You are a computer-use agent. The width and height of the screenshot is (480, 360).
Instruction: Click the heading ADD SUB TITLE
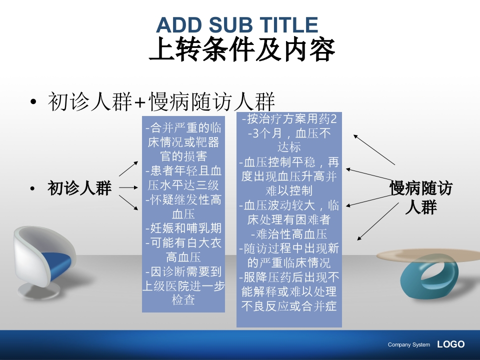click(237, 24)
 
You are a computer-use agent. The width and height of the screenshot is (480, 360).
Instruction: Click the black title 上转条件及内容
click(242, 49)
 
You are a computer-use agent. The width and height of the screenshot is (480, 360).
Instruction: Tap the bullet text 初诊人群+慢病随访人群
click(161, 101)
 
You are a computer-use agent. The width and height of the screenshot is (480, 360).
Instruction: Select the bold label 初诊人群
click(79, 188)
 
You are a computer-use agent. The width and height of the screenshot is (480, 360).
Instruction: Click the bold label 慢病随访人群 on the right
click(420, 197)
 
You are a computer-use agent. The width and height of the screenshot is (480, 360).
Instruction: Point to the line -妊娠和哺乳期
click(183, 228)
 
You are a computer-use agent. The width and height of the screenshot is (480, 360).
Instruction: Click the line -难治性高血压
click(288, 233)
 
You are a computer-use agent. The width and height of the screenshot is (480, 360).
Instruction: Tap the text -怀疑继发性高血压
click(183, 207)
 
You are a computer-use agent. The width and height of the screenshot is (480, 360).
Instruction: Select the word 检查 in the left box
click(183, 300)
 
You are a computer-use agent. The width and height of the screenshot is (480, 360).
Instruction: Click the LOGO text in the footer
click(450, 344)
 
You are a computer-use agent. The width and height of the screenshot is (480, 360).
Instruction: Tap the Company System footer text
click(408, 344)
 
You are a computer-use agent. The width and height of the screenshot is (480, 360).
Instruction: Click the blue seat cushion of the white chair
click(54, 262)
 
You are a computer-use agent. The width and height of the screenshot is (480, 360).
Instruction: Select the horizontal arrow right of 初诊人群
click(128, 188)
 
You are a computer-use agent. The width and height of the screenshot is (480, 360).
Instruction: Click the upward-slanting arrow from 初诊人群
click(129, 168)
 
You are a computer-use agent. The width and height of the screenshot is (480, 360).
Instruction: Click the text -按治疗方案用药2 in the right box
click(288, 119)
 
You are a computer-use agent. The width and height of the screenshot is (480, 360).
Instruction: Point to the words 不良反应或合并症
click(288, 306)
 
